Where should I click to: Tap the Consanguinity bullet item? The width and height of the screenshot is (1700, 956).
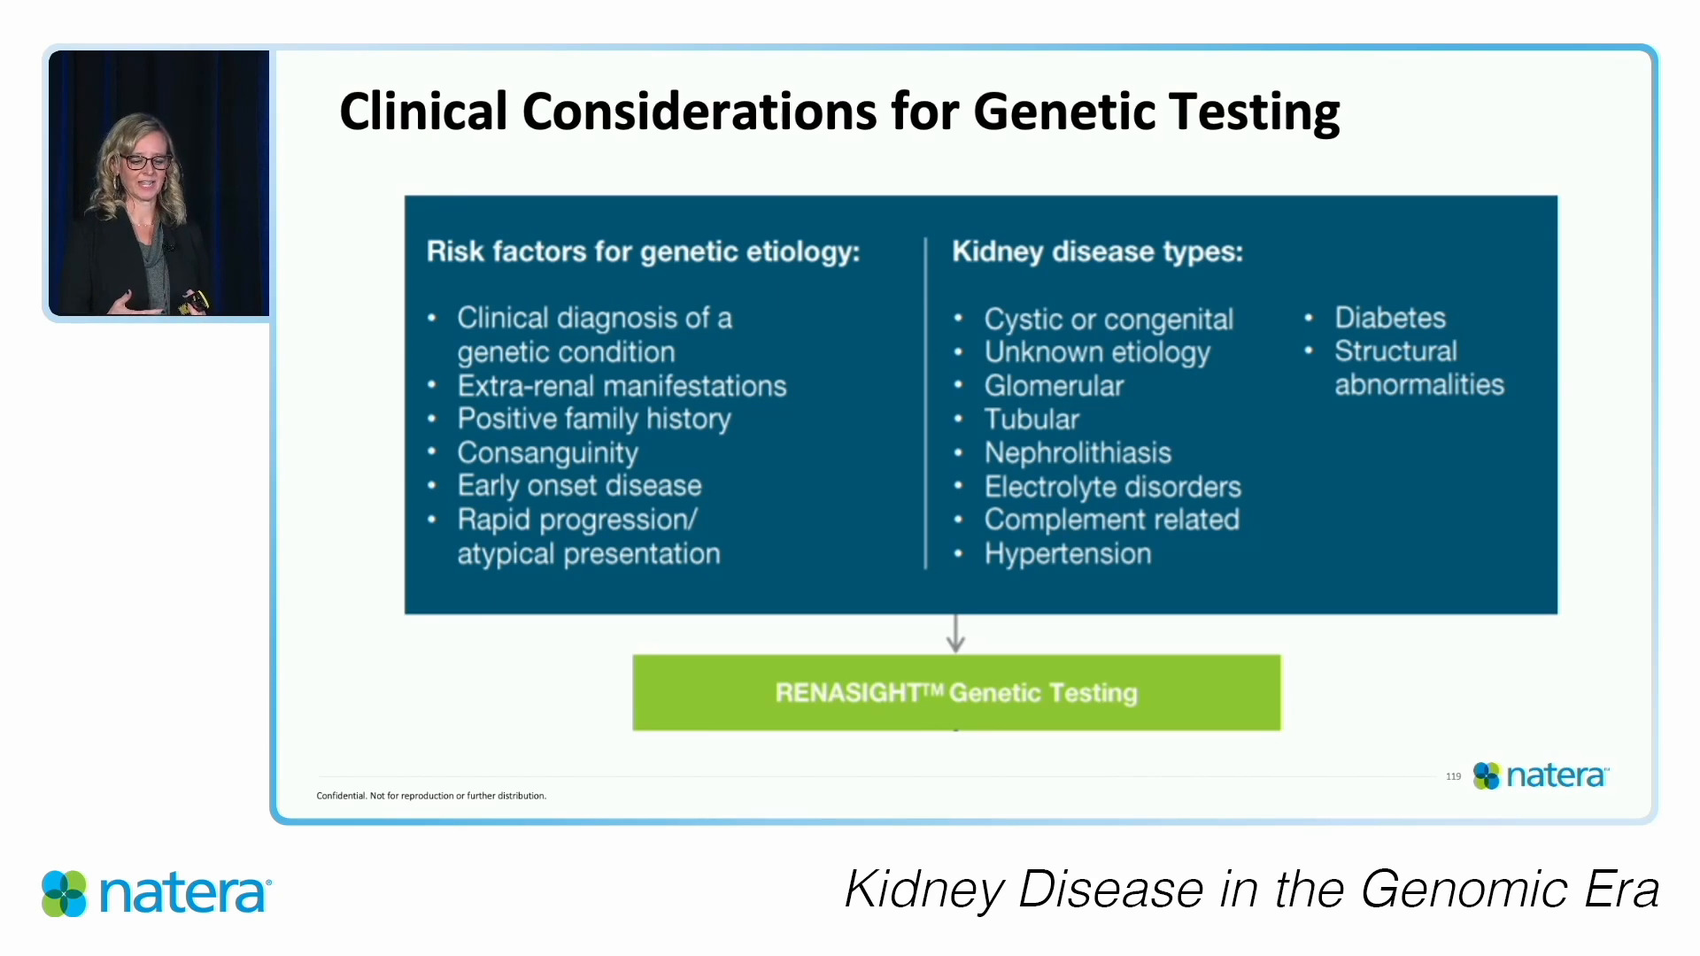tap(547, 452)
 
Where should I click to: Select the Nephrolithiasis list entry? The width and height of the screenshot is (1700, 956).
tap(1078, 452)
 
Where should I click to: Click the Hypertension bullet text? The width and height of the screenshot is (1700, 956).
tap(1068, 554)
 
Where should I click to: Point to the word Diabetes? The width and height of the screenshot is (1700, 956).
tap(1390, 318)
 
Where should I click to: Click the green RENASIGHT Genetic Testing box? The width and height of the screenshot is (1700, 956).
tap(956, 692)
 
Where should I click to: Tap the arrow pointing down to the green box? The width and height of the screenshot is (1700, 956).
tap(955, 634)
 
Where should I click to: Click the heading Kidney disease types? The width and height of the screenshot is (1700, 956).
tap(1097, 252)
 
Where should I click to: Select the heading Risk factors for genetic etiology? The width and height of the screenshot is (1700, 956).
tap(643, 252)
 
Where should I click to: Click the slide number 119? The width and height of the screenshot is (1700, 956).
tap(1453, 776)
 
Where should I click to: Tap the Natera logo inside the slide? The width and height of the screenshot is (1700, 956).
tap(1541, 775)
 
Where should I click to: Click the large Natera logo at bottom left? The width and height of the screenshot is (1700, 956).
tap(157, 893)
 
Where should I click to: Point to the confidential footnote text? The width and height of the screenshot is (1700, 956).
tap(431, 796)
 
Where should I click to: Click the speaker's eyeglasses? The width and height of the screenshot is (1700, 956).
tap(146, 162)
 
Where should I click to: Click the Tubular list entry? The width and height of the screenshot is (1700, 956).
tap(1032, 419)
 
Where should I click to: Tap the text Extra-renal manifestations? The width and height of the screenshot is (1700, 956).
tap(622, 386)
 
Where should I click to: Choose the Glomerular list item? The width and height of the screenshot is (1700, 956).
tap(1054, 386)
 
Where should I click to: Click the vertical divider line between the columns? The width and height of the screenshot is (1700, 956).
tap(925, 403)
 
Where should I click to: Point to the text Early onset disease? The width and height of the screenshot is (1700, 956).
tap(579, 486)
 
